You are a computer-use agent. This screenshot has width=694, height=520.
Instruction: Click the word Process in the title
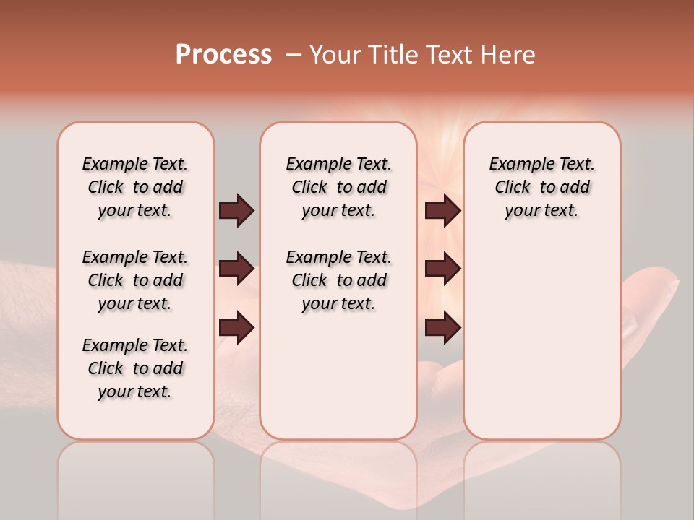click(x=223, y=55)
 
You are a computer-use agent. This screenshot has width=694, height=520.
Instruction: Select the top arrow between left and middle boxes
click(x=236, y=210)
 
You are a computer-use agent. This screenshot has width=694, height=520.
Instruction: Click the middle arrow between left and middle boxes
click(x=236, y=269)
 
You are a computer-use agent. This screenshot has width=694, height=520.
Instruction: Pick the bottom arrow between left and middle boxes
click(x=236, y=327)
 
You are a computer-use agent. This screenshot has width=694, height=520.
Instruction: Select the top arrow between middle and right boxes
click(x=442, y=210)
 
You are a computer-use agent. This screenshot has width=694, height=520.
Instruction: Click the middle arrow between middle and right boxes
click(x=442, y=269)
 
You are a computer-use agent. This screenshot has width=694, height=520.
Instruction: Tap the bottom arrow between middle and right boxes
click(x=442, y=327)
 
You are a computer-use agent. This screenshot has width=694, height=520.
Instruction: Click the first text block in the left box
click(x=135, y=187)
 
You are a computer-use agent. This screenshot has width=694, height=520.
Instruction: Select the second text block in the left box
click(x=135, y=280)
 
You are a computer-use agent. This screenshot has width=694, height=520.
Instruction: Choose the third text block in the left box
click(x=135, y=368)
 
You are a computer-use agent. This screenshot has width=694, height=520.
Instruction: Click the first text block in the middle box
click(x=338, y=187)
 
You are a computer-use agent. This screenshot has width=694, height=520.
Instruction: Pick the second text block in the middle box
click(x=338, y=280)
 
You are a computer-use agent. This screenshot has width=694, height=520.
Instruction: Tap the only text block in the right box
click(x=541, y=187)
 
